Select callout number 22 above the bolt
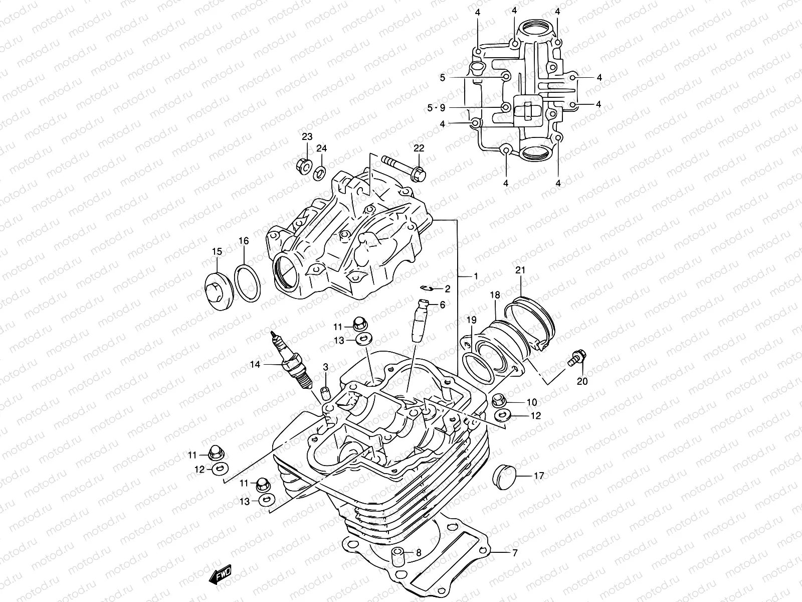click(x=419, y=147)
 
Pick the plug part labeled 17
click(x=504, y=476)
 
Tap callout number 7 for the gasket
click(x=514, y=553)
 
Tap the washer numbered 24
click(x=319, y=175)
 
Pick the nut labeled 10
click(x=499, y=400)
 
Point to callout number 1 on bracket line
click(x=475, y=276)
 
